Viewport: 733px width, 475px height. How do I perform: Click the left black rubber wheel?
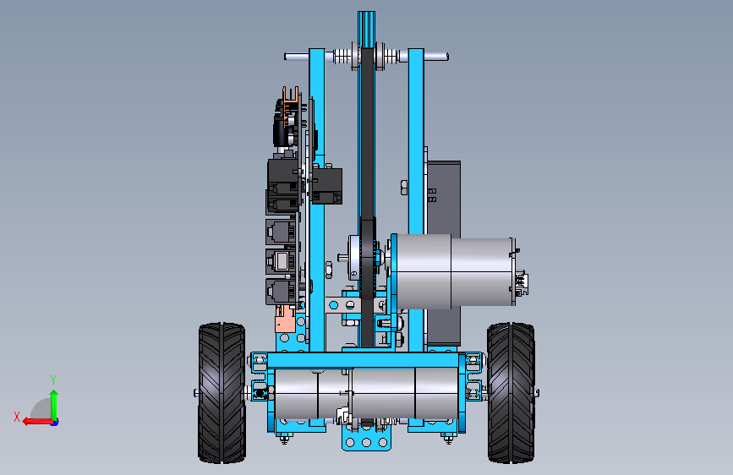pos(222,393)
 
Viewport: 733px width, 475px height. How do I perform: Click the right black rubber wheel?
pos(511,393)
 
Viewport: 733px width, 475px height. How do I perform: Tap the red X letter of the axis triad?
pos(17,417)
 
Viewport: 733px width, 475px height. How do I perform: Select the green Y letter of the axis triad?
pos(53,380)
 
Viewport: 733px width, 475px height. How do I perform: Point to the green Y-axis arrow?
pos(54,406)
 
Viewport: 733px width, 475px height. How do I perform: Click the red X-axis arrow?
pos(37,422)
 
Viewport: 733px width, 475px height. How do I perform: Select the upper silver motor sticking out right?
pos(452,271)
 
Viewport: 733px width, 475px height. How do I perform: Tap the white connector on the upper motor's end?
pos(522,282)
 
